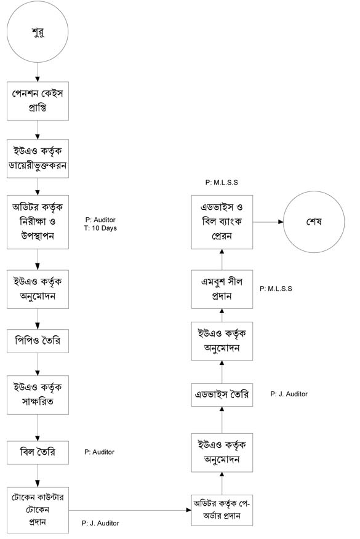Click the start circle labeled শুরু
[38, 31]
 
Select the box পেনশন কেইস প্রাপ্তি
[38, 101]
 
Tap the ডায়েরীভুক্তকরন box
[38, 159]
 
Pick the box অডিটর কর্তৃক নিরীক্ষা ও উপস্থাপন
[38, 222]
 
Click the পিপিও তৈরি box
[38, 341]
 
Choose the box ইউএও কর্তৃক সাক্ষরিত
[38, 394]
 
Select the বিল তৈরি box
[38, 452]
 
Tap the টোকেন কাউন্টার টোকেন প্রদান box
[38, 510]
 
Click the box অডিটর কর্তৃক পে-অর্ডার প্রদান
[222, 510]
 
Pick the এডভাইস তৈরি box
[222, 395]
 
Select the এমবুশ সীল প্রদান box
[222, 289]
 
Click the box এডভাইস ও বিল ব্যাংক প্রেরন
[222, 222]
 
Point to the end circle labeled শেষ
[314, 222]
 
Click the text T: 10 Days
[100, 228]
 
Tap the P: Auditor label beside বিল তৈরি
[99, 452]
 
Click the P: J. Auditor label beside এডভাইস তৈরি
[289, 394]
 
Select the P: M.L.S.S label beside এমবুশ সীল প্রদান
[276, 289]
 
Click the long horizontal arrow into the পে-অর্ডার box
[130, 510]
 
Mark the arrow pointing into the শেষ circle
[268, 222]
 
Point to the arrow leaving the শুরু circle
[38, 72]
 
